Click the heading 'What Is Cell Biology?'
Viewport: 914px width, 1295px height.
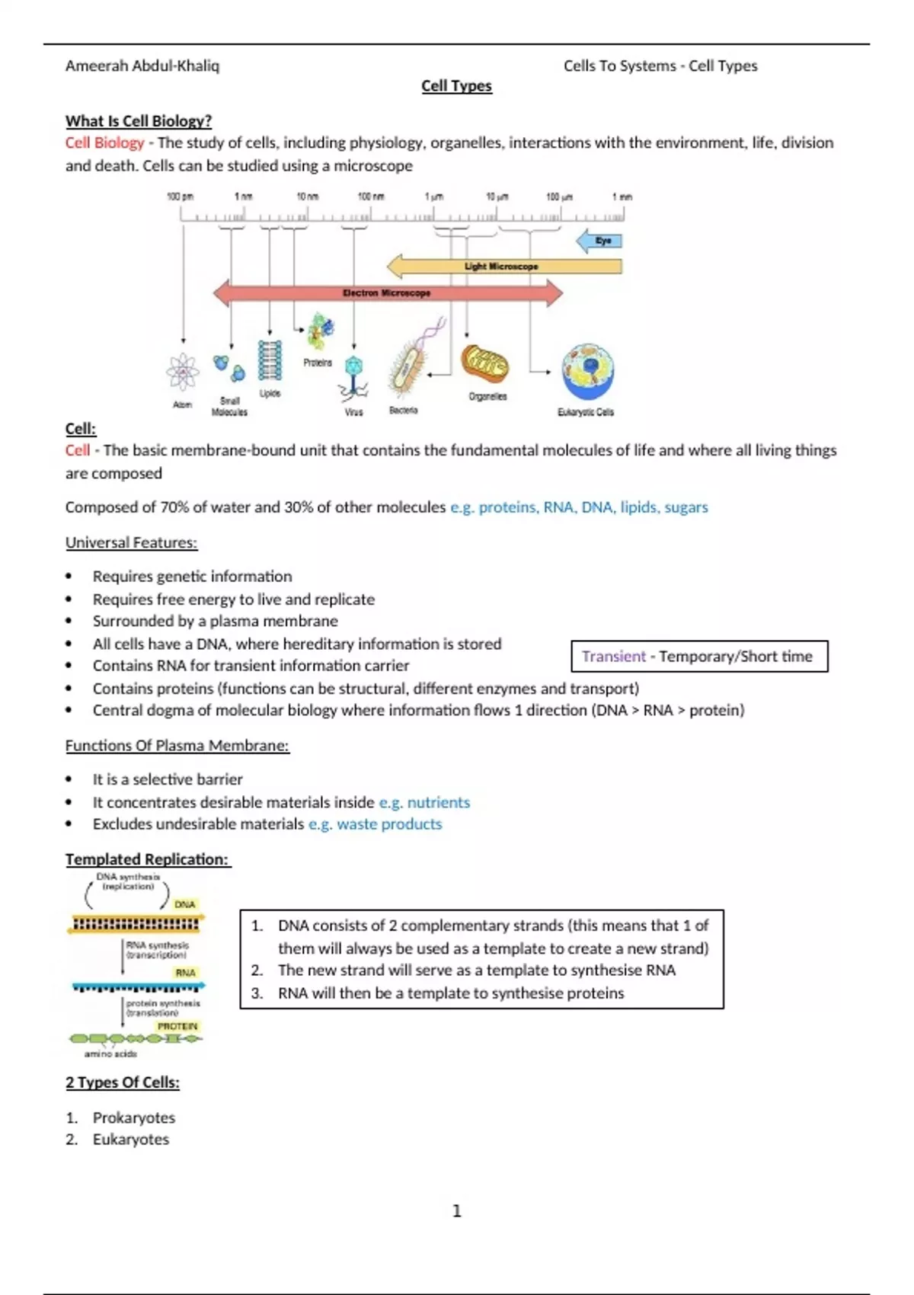138,120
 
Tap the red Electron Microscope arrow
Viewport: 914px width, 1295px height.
387,293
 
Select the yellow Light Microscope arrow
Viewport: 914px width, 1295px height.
503,266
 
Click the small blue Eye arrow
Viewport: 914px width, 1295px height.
600,241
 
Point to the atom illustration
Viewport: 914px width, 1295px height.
183,373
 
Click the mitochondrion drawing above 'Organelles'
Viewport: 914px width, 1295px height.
484,364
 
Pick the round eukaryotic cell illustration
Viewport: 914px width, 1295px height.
587,371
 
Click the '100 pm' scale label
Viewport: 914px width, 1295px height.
180,197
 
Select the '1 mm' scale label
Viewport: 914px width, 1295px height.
622,197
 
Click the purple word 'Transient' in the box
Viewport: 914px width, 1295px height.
613,657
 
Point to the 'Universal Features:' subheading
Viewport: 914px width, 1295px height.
131,542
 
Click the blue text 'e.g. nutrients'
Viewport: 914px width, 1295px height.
424,802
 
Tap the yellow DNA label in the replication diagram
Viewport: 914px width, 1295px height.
185,904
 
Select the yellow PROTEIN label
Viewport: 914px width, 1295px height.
177,1026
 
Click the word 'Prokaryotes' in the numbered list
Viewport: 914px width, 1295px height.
134,1118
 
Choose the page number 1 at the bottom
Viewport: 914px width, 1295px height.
457,1210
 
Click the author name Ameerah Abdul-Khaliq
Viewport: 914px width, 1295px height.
142,66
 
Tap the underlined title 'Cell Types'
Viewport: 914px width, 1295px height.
457,86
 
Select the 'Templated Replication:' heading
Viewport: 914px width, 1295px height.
147,859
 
